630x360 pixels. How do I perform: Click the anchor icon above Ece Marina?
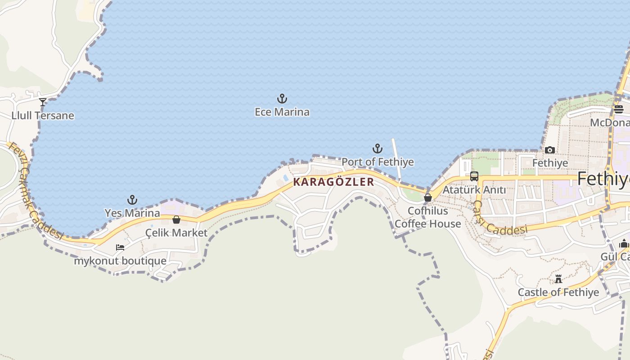coord(282,99)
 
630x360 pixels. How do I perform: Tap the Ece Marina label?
coord(282,112)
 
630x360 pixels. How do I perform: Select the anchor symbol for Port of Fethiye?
coord(377,148)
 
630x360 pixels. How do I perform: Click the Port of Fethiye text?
coord(377,162)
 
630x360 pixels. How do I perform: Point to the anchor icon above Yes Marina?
coord(132,199)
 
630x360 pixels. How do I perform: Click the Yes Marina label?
coord(132,213)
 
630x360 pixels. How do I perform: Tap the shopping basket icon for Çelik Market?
coord(176,220)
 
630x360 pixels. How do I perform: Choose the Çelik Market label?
coord(176,233)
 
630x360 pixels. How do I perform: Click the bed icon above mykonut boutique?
coord(120,247)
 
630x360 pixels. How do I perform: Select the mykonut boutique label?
coord(120,261)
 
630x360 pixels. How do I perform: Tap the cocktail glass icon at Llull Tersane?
coord(43,102)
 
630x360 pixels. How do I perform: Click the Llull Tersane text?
coord(43,116)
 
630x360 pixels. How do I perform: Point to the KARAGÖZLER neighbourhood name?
coord(333,182)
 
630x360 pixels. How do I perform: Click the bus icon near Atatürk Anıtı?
coord(474,176)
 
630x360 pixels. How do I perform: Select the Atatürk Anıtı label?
coord(474,190)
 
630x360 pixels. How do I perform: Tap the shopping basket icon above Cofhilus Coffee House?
coord(427,198)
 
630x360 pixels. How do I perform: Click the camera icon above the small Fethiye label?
coord(549,150)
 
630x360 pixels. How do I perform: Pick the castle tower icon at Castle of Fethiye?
coord(558,279)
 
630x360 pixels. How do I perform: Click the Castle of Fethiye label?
coord(558,292)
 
